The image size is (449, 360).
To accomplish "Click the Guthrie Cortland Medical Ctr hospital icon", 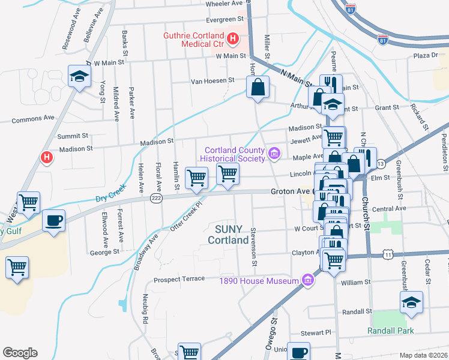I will coord(234,40).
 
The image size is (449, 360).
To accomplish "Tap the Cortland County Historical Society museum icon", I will coord(275,154).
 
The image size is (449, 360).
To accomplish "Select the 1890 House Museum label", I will coord(259,281).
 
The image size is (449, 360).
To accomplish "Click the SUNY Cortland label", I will coord(228,235).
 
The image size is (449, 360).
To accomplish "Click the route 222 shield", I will coord(156,199).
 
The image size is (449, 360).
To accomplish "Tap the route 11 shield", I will coord(388,255).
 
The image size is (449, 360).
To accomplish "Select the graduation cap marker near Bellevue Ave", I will coord(79,76).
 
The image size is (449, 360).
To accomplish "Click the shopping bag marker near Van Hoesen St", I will coord(258,88).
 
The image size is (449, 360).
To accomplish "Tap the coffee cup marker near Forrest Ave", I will coord(53,220).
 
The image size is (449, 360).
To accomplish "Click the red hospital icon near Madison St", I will coord(47,158).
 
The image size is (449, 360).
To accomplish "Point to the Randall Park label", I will coord(391,331).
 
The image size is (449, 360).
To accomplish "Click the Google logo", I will coord(20,353).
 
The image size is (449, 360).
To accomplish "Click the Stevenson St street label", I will coord(255,247).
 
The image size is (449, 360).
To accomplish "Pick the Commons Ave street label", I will coord(33,120).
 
